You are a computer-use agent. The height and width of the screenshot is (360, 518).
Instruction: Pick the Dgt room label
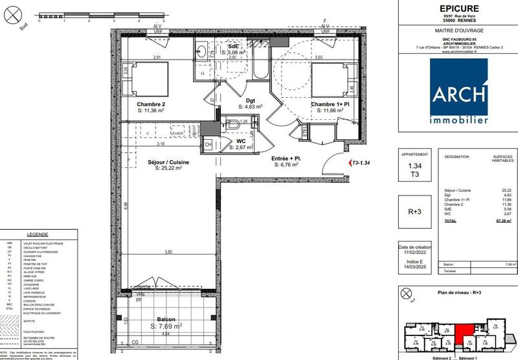tap(250, 100)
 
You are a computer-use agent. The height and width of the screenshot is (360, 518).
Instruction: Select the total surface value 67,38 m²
tap(502, 221)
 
